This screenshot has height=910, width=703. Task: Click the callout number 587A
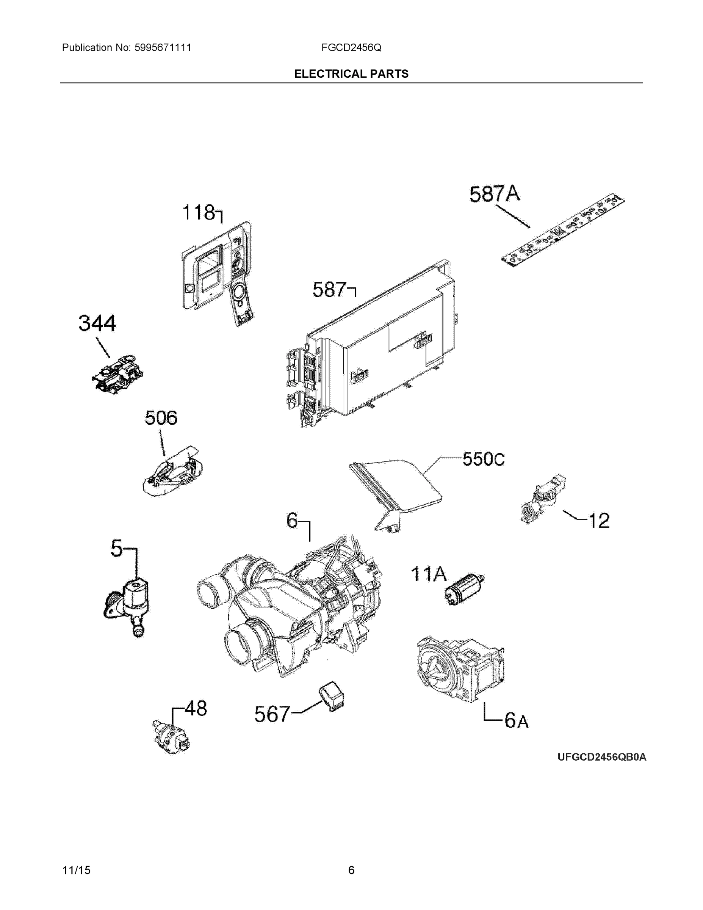(x=494, y=194)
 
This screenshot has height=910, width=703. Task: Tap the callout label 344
(x=97, y=323)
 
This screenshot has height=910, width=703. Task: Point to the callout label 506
(x=161, y=417)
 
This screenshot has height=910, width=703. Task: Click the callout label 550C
(x=483, y=459)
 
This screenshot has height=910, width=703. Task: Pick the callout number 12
(x=599, y=521)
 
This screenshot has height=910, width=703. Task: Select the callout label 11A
(x=429, y=574)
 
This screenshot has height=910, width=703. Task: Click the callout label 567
(x=272, y=714)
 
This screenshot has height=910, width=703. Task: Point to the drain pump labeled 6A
(x=460, y=669)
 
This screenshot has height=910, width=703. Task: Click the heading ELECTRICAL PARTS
(x=351, y=74)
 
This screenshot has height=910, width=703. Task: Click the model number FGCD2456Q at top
(x=351, y=47)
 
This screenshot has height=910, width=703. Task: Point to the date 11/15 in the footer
(x=76, y=870)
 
